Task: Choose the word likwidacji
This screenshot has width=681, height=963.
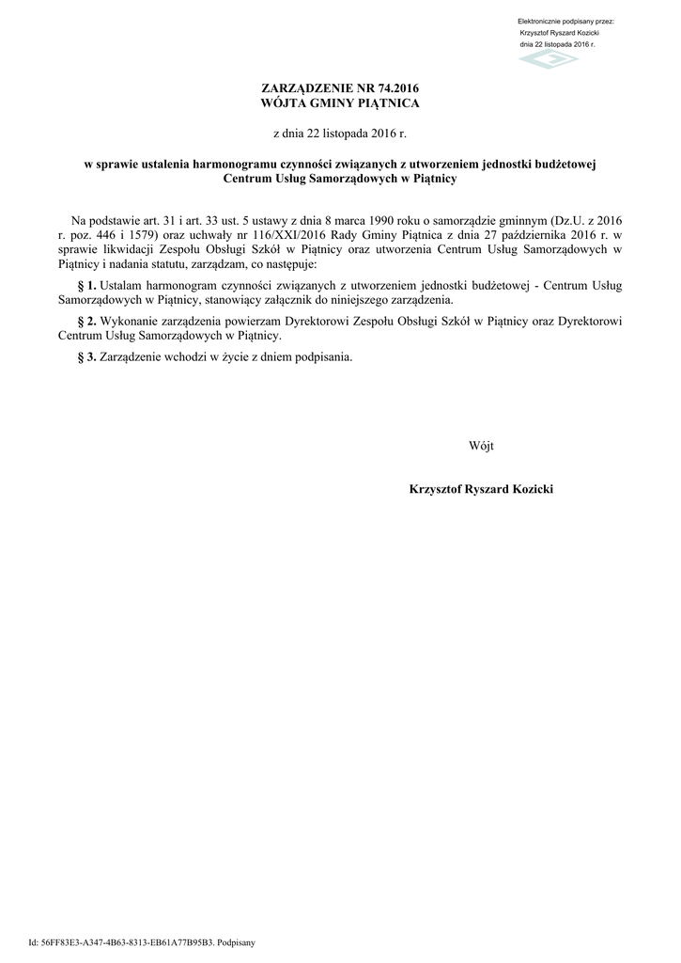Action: pos(123,249)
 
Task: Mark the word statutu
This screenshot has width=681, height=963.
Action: pos(173,264)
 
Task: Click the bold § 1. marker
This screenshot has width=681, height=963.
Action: pos(85,284)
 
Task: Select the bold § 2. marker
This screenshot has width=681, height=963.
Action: pos(85,320)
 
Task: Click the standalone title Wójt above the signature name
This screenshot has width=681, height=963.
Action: pos(481,445)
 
